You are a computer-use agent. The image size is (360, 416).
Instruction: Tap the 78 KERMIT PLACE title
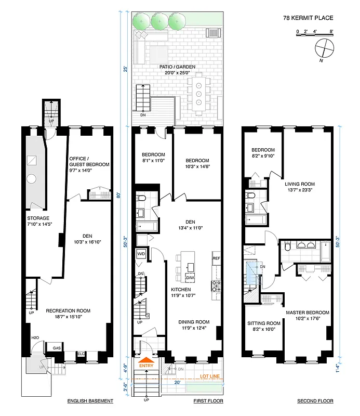click(x=308, y=18)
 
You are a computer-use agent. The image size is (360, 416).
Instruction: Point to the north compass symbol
click(x=324, y=48)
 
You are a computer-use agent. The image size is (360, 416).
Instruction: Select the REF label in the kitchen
click(x=216, y=258)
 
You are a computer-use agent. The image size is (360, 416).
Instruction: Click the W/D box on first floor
click(x=141, y=254)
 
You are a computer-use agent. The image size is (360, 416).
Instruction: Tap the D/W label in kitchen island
click(x=190, y=278)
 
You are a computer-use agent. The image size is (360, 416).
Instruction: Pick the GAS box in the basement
click(x=56, y=348)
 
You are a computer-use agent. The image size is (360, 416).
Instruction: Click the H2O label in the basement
click(x=35, y=339)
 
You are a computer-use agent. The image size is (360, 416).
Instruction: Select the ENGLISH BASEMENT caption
click(x=91, y=401)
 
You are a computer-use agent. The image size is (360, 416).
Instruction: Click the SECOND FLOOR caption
click(x=315, y=401)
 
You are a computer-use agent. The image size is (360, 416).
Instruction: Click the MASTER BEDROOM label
click(x=308, y=313)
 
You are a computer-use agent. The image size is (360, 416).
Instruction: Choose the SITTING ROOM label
click(x=264, y=323)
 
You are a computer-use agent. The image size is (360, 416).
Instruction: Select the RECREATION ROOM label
click(x=68, y=311)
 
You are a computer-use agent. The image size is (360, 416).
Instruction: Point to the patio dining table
click(x=198, y=95)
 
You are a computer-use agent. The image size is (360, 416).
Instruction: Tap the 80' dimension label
click(x=119, y=196)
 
